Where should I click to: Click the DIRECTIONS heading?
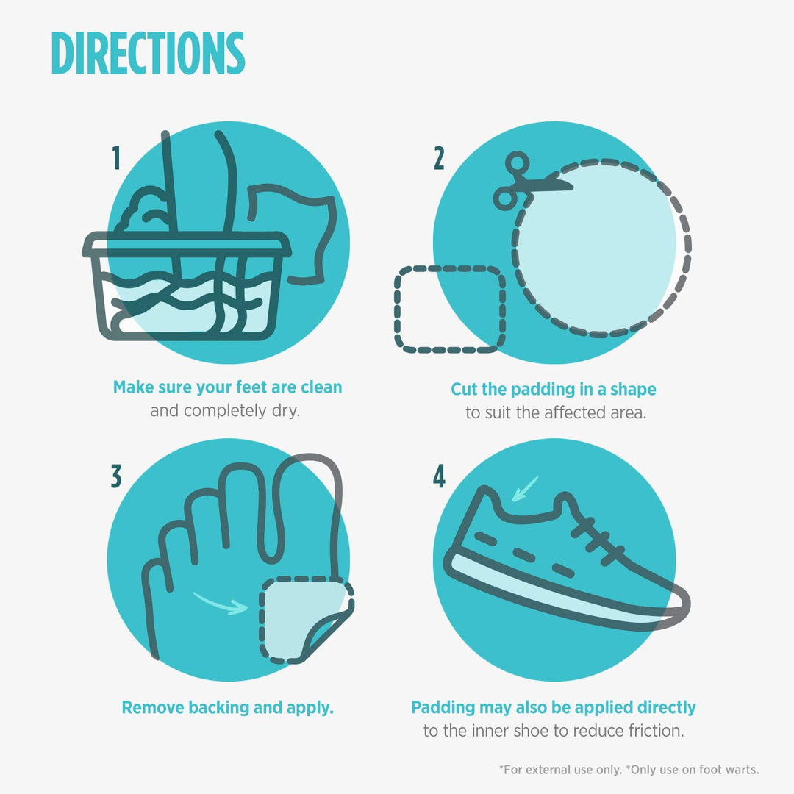click(x=148, y=53)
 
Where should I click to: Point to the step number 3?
click(x=116, y=476)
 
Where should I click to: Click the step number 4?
click(x=439, y=476)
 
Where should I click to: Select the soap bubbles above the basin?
click(x=143, y=210)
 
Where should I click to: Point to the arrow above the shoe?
click(x=525, y=489)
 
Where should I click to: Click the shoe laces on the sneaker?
click(x=598, y=541)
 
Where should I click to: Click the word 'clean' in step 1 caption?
click(x=321, y=387)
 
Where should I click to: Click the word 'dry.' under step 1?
click(x=286, y=411)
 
